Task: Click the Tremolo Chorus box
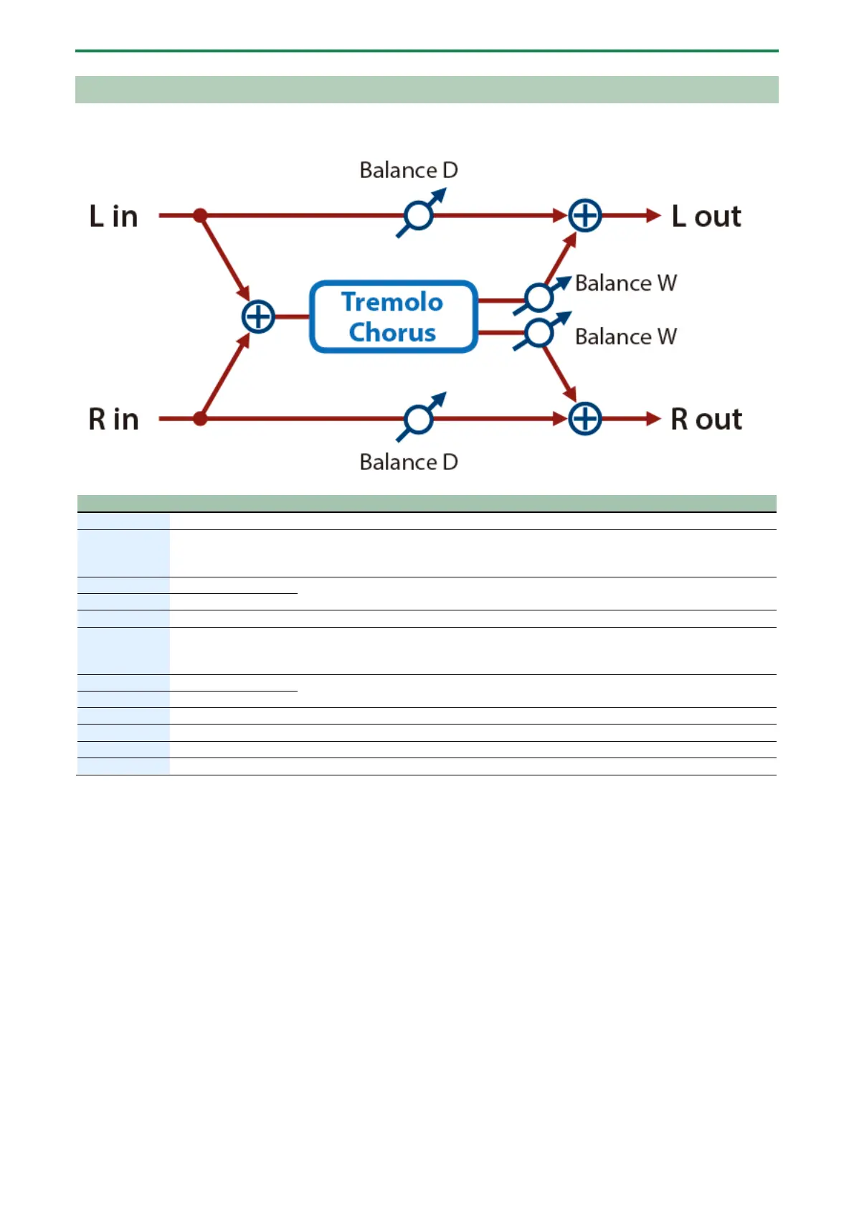pos(393,316)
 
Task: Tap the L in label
pos(113,216)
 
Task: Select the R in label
pos(113,419)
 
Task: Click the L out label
pos(706,216)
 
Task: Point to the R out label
pos(706,419)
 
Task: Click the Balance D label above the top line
pos(408,170)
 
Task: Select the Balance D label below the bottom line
pos(408,462)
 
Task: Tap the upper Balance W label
pos(625,283)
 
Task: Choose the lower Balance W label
pos(625,336)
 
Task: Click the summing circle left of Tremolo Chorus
pos(258,316)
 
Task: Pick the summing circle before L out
pos(585,215)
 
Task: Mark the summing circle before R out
pos(585,419)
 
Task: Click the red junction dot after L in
pos(200,215)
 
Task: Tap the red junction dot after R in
pos(200,418)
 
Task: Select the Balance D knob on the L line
pos(419,214)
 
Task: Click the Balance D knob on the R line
pos(419,419)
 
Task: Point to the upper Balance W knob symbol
pos(539,297)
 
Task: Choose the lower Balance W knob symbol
pos(539,332)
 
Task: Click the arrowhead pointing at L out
pos(653,215)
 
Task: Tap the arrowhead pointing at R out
pos(653,419)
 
